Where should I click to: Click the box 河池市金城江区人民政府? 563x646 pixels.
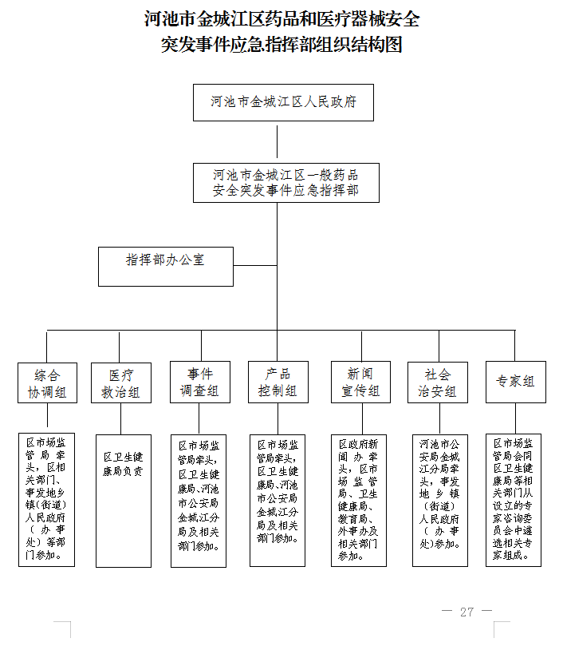(283, 102)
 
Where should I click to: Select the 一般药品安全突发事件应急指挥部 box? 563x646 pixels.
(286, 183)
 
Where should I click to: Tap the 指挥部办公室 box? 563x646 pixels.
(166, 267)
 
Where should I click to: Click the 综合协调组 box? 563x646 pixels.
(47, 382)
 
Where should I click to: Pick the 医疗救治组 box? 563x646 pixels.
(121, 382)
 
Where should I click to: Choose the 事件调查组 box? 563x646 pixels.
(200, 382)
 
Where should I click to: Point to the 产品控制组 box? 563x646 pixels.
(278, 382)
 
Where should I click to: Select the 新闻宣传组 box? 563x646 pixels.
(361, 382)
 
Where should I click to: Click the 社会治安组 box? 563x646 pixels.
(438, 382)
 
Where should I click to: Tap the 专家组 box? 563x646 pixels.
(516, 382)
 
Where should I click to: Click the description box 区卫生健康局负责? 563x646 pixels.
(124, 501)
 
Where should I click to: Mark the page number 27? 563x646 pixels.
(467, 612)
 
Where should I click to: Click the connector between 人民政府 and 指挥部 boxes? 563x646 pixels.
(277, 141)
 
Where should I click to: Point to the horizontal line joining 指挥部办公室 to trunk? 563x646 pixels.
(255, 265)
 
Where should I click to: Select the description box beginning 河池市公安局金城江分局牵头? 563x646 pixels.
(440, 501)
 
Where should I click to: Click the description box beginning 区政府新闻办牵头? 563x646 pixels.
(359, 501)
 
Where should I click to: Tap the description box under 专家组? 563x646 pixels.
(514, 500)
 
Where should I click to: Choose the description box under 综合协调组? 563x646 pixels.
(46, 500)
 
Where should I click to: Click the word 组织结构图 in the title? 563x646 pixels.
(360, 45)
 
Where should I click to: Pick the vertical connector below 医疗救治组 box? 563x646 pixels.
(120, 418)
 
